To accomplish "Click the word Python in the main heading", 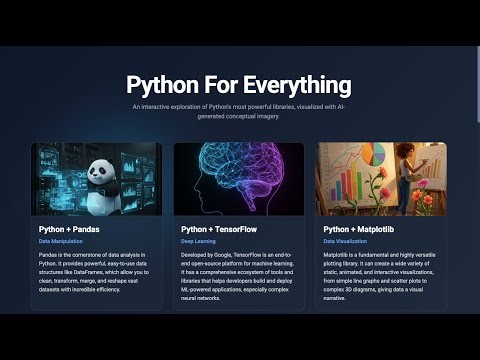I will pos(163,83).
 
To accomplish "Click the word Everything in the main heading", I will pos(296,83).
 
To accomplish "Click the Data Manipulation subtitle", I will pos(60,241).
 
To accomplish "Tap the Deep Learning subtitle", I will pos(198,241).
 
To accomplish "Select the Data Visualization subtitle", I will pos(345,241).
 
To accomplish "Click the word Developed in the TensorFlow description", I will pos(195,255).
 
